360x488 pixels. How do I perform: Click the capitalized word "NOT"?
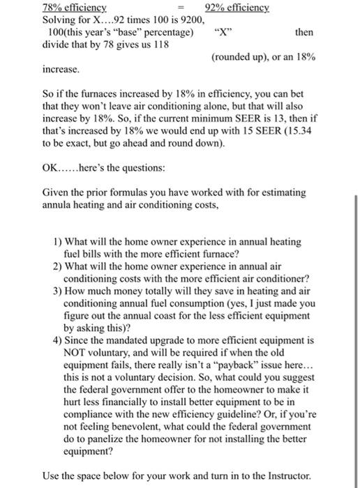[x=75, y=353]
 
